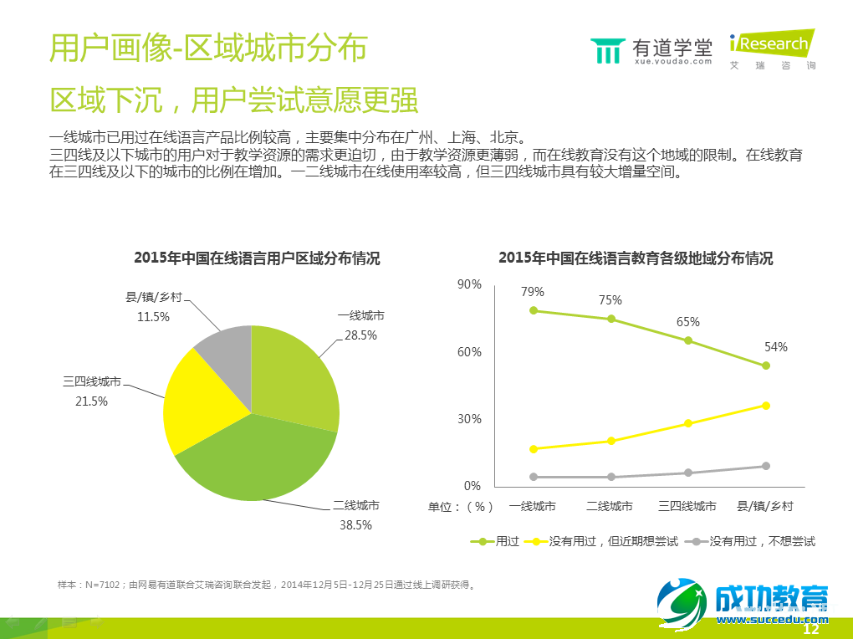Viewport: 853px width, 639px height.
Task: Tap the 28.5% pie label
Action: pyautogui.click(x=360, y=335)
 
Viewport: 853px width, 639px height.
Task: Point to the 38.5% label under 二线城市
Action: pyautogui.click(x=355, y=525)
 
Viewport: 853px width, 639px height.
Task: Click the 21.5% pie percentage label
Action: pyautogui.click(x=91, y=401)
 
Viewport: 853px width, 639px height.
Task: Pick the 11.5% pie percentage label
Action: pyautogui.click(x=153, y=317)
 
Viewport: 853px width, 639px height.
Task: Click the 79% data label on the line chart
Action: pyautogui.click(x=533, y=292)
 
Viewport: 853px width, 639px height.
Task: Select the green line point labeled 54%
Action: pyautogui.click(x=765, y=366)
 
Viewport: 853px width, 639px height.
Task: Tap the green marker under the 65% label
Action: pyautogui.click(x=688, y=340)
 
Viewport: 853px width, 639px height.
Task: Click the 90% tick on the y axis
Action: pyautogui.click(x=469, y=284)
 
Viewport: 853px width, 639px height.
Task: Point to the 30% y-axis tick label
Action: pyautogui.click(x=469, y=419)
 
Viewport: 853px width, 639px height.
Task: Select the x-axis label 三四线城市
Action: pyautogui.click(x=687, y=506)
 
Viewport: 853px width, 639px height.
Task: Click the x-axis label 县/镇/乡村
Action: pyautogui.click(x=764, y=506)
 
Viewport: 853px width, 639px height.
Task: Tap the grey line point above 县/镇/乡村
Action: pyautogui.click(x=765, y=466)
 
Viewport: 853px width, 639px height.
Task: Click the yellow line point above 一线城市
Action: pyautogui.click(x=534, y=449)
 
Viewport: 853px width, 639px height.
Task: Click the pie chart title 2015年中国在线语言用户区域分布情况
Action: pyautogui.click(x=257, y=258)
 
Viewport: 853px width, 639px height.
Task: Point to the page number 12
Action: pyautogui.click(x=810, y=630)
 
